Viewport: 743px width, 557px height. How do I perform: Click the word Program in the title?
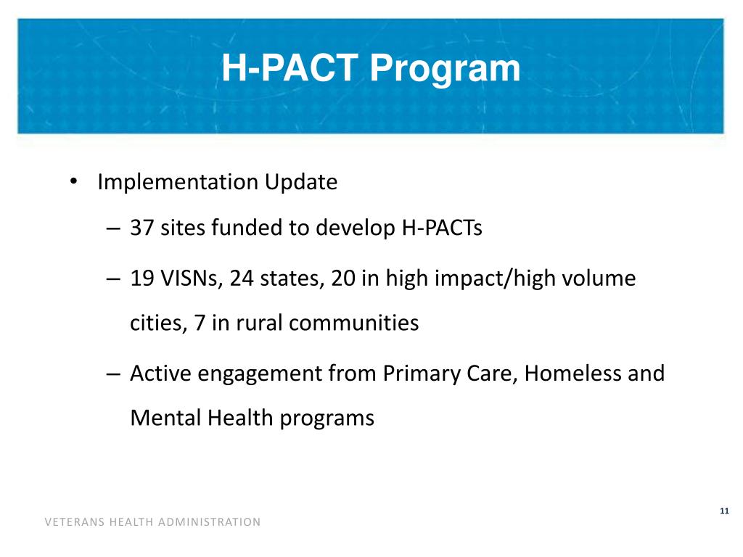[445, 69]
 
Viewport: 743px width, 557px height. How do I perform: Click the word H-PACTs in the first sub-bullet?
[442, 228]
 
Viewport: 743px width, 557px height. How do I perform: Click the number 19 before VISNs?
[142, 278]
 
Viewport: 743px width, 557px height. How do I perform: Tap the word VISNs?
[190, 278]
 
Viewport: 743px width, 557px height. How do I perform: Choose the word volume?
[599, 278]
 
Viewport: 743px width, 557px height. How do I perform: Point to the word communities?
[355, 322]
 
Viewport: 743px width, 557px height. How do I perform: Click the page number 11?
[723, 512]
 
